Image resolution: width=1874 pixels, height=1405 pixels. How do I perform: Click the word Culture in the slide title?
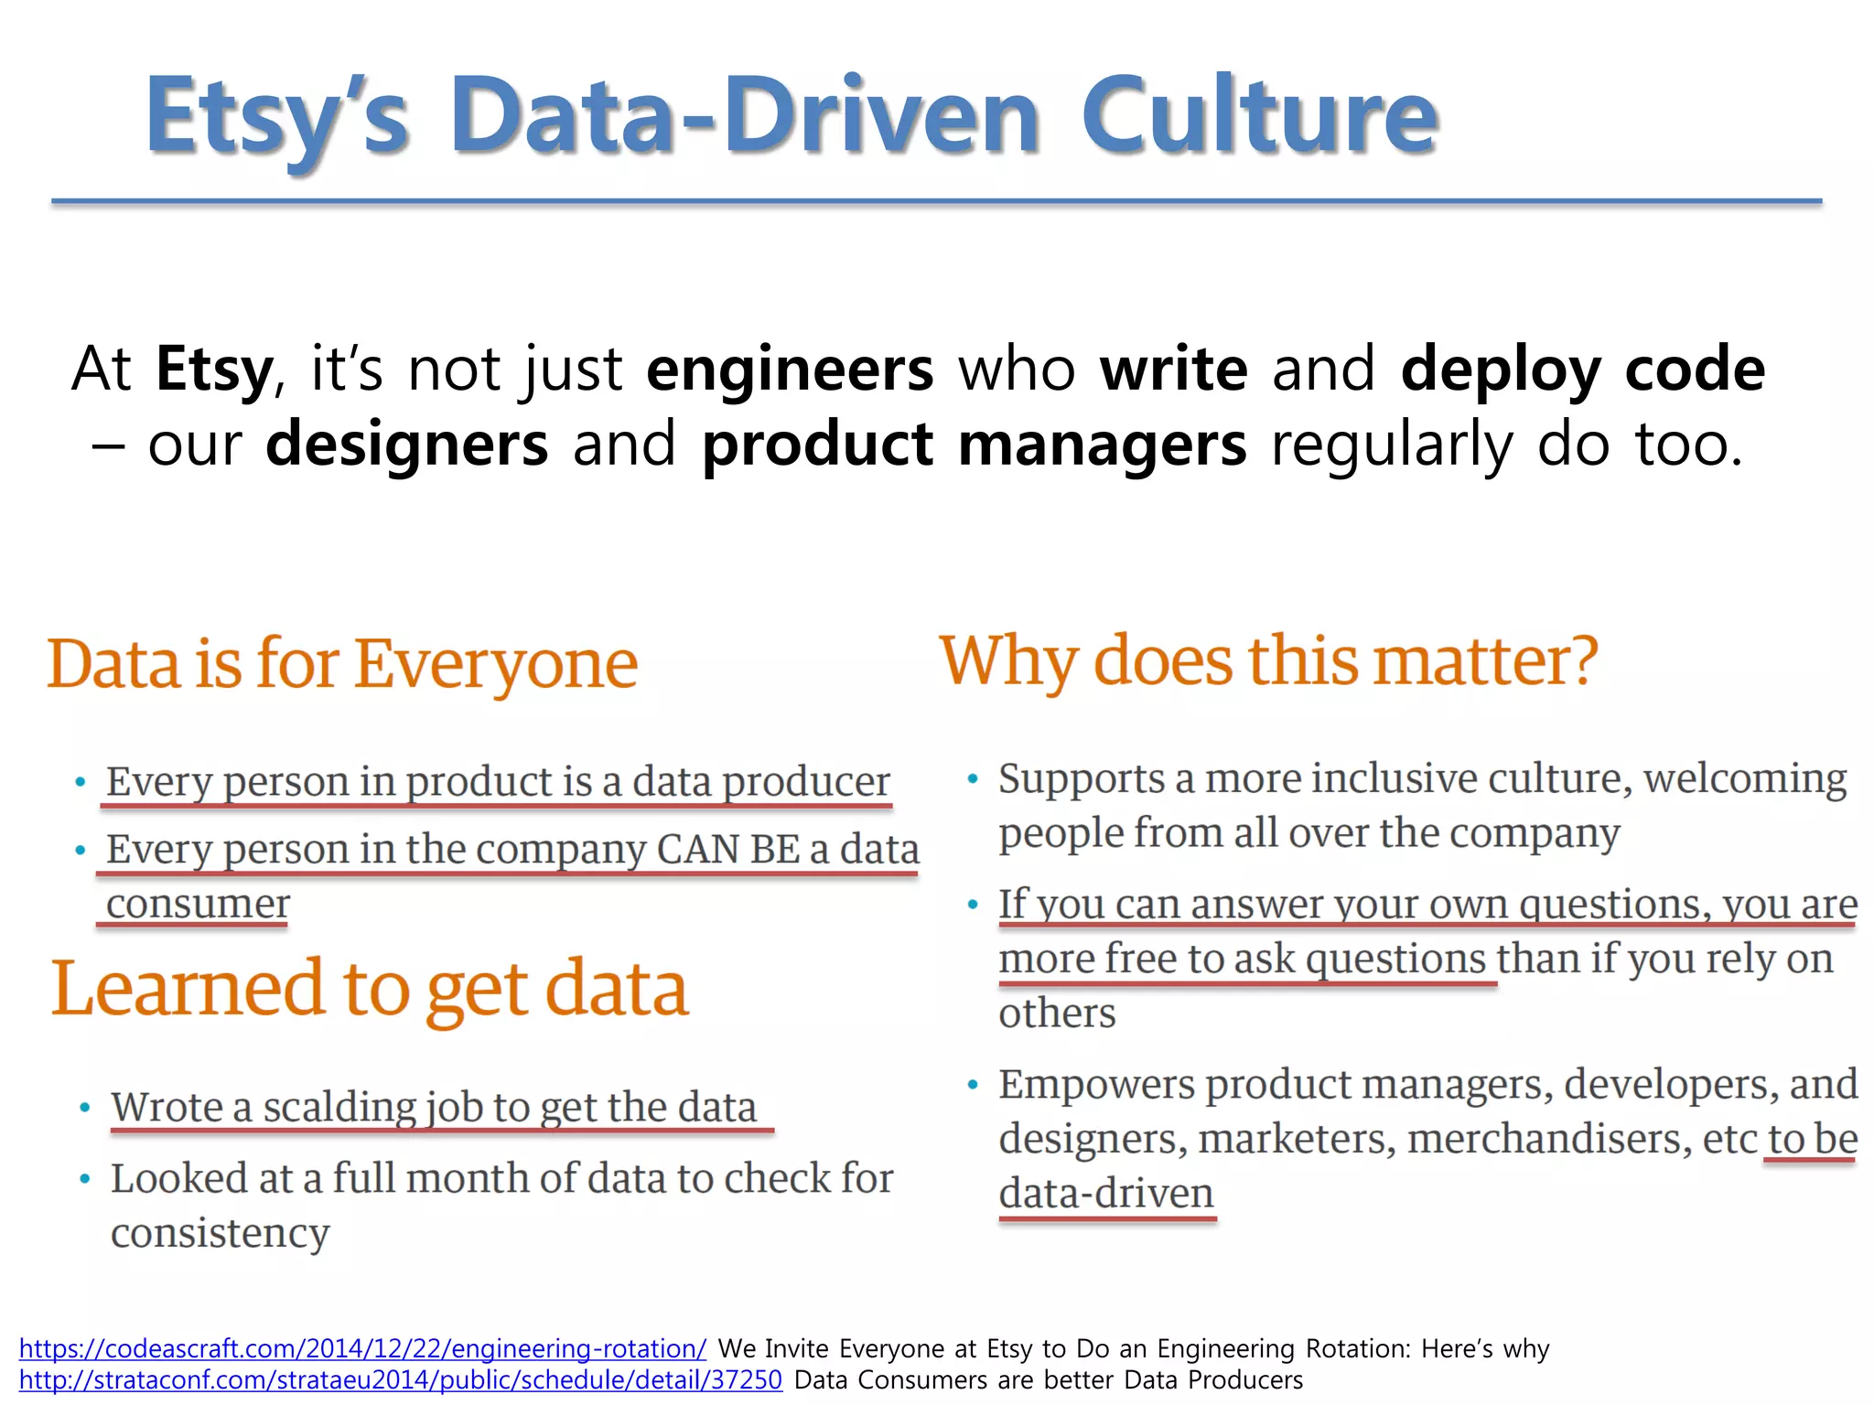pyautogui.click(x=1259, y=117)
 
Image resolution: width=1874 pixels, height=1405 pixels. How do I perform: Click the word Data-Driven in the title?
pyautogui.click(x=745, y=117)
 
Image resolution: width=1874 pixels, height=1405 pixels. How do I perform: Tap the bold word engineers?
pyautogui.click(x=790, y=369)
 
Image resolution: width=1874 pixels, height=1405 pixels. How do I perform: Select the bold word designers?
pyautogui.click(x=406, y=444)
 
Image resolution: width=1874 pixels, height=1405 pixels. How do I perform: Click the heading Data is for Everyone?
pyautogui.click(x=342, y=663)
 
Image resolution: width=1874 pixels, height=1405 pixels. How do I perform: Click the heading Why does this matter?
pyautogui.click(x=1268, y=660)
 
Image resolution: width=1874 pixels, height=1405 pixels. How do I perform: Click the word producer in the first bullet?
pyautogui.click(x=805, y=782)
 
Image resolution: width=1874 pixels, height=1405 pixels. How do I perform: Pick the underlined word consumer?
pyautogui.click(x=198, y=904)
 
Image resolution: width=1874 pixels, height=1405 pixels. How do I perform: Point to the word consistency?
pyautogui.click(x=220, y=1233)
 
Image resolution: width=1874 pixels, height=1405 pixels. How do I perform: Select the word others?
pyautogui.click(x=1057, y=1014)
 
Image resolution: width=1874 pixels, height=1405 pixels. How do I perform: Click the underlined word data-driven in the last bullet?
pyautogui.click(x=1106, y=1194)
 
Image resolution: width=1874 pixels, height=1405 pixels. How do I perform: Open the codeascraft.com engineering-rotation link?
pyautogui.click(x=362, y=1348)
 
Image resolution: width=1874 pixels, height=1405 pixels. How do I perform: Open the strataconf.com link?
pyautogui.click(x=401, y=1379)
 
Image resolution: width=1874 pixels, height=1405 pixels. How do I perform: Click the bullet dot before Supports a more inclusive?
pyautogui.click(x=973, y=779)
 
